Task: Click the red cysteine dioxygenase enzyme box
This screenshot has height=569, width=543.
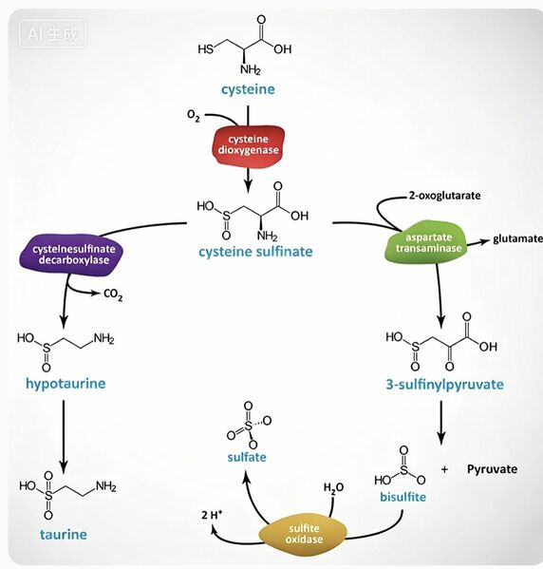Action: pos(249,146)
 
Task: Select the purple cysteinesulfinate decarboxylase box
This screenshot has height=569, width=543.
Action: pos(71,255)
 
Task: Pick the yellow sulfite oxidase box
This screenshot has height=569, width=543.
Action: pos(303,534)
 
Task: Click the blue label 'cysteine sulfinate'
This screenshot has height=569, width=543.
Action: pos(255,252)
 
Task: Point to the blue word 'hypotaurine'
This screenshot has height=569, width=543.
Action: pos(66,384)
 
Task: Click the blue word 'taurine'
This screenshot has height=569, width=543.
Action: pos(64,535)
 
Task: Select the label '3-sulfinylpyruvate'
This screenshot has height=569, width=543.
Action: pos(444,385)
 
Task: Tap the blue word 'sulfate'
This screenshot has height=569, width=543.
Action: pos(247,457)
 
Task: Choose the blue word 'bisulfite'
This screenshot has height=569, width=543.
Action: pos(403,497)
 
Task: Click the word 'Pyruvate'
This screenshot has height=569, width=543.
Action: pos(493,469)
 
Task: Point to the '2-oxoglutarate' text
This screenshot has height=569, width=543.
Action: pos(444,196)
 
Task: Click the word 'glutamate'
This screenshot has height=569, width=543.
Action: pos(517,238)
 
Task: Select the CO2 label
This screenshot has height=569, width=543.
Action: pos(113,294)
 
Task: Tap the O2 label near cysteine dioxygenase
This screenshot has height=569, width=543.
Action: pos(194,116)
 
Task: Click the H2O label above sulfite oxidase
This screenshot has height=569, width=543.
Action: pos(333,488)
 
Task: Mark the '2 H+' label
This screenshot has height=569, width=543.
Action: pos(213,515)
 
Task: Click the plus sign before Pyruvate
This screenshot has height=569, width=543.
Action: pos(444,469)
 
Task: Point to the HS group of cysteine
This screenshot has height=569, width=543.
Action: pos(206,49)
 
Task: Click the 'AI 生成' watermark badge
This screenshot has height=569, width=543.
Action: pos(52,34)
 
